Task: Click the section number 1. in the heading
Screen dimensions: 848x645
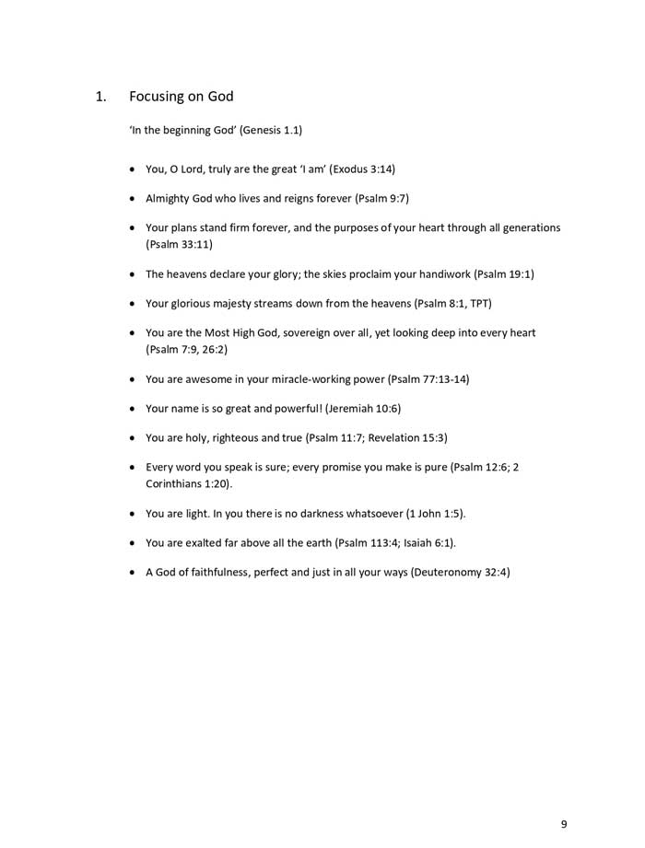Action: pyautogui.click(x=102, y=96)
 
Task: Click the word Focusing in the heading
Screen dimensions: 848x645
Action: pyautogui.click(x=156, y=97)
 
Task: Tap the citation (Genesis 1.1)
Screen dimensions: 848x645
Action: pyautogui.click(x=271, y=130)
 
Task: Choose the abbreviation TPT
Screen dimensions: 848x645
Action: pyautogui.click(x=479, y=303)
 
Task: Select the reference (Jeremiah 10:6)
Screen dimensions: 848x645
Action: pyautogui.click(x=363, y=408)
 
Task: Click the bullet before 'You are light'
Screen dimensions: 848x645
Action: pyautogui.click(x=135, y=514)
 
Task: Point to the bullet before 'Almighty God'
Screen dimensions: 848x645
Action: pyautogui.click(x=135, y=199)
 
